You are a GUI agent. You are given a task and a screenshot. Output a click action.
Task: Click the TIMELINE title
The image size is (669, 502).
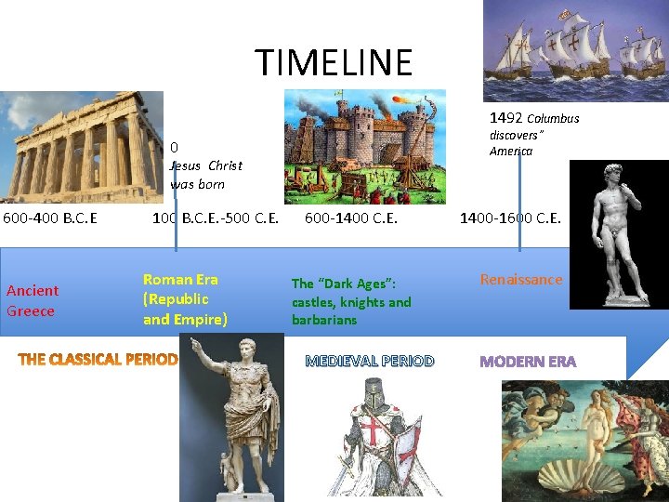(334, 62)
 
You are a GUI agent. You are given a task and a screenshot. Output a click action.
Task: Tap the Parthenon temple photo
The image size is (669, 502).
(82, 147)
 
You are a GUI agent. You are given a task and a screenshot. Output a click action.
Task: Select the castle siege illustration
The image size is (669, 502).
(363, 146)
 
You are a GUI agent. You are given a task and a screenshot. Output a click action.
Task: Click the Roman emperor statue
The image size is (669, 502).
(231, 418)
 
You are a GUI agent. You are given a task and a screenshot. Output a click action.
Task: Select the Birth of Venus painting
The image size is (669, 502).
(584, 441)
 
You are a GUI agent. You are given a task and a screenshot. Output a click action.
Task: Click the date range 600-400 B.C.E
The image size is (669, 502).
(50, 219)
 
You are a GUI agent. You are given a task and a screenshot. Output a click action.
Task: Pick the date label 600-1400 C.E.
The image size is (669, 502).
(351, 219)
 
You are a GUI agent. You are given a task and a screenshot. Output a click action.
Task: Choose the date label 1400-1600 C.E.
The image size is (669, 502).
(510, 219)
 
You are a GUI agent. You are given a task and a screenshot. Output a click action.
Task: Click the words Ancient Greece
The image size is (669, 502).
(33, 300)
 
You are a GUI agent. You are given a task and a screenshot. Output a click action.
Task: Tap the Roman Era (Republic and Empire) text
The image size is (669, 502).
(185, 299)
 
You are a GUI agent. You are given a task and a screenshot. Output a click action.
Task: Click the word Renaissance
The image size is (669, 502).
(521, 280)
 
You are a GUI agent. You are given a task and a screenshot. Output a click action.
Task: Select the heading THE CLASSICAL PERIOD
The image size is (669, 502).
(98, 360)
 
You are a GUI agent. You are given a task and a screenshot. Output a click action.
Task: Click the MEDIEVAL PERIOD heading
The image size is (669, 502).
(370, 361)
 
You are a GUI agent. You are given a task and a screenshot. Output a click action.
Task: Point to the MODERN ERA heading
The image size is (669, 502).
(528, 362)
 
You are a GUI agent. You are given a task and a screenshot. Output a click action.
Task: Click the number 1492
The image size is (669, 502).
(505, 118)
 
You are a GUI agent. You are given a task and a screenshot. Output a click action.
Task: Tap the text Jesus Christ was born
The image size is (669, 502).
(205, 175)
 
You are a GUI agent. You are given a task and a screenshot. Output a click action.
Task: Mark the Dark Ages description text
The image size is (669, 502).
(351, 302)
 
